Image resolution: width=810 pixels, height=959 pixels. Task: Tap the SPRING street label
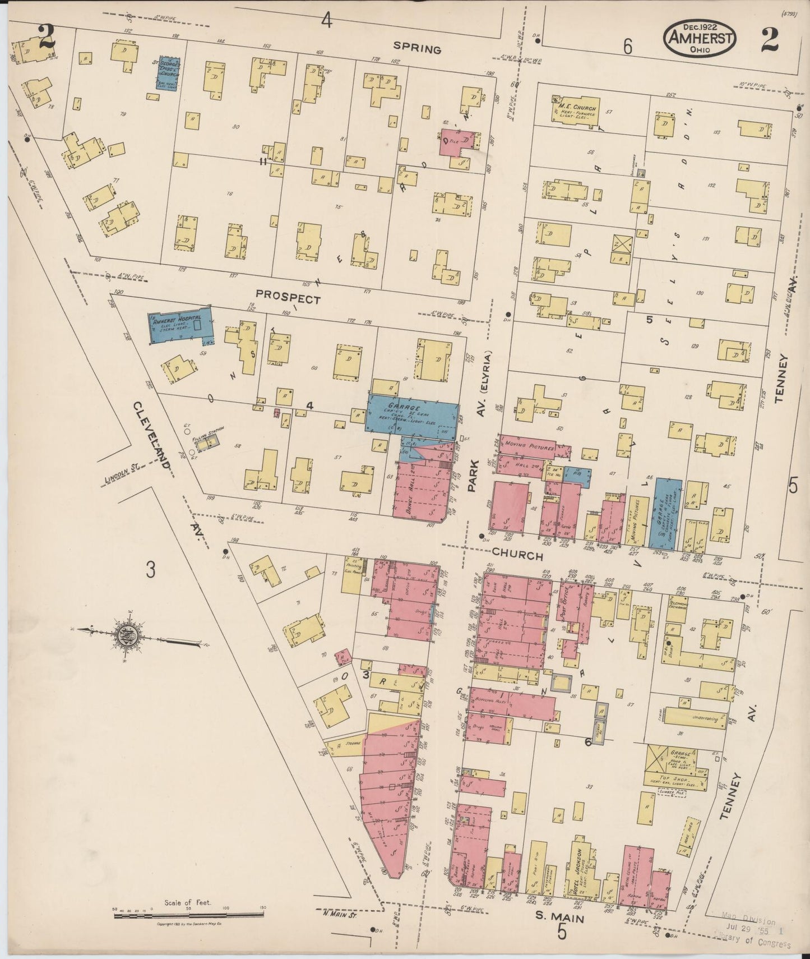coord(416,49)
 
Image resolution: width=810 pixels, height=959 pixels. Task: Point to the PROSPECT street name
coord(288,296)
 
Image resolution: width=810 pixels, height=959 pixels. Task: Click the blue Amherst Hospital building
coord(180,324)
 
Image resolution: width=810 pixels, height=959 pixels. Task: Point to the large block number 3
coord(150,570)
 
